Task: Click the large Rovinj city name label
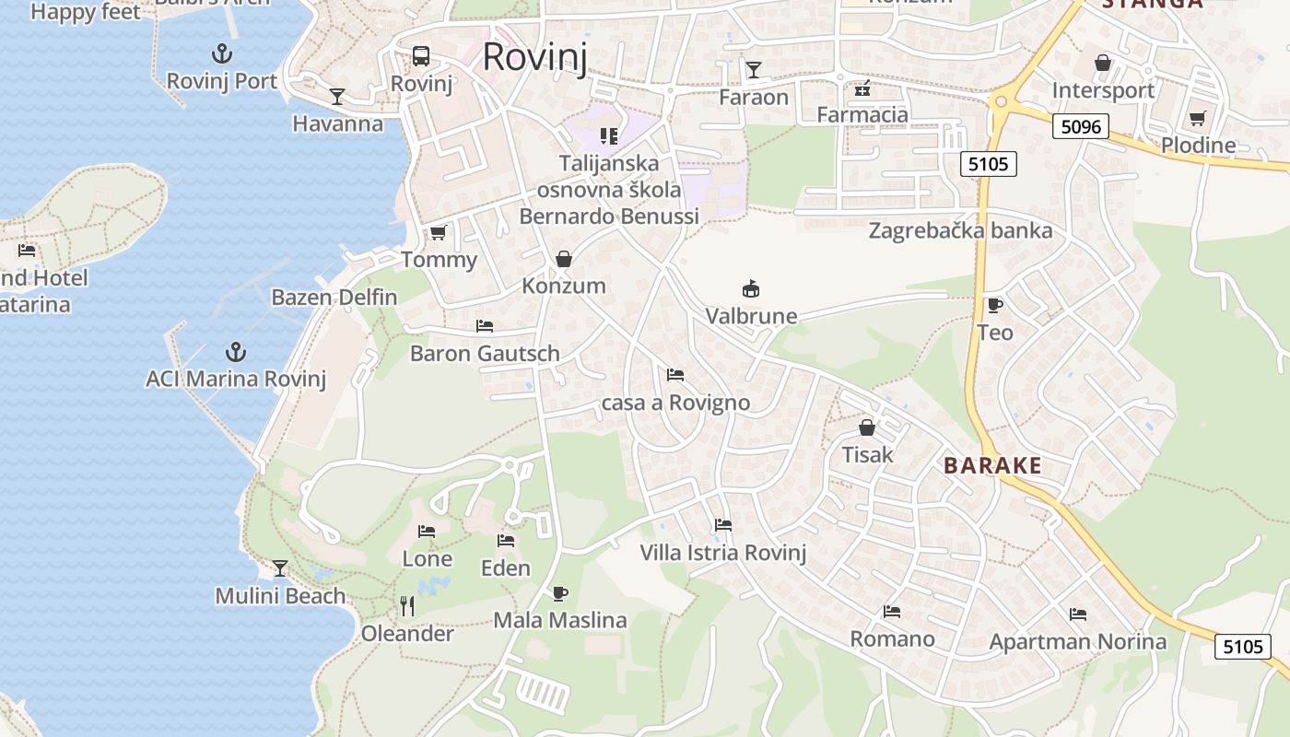534,57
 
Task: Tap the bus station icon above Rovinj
421,55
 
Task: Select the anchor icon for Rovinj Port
221,53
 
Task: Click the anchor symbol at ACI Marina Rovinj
236,351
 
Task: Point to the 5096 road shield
1080,126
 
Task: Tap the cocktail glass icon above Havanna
337,96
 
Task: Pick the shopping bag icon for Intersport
1102,63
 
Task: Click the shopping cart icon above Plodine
1197,118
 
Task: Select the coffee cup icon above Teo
994,305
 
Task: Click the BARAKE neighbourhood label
992,466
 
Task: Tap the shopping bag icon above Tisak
866,427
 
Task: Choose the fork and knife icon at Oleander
407,605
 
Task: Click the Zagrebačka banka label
960,230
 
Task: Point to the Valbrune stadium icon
751,288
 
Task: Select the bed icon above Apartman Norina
1077,614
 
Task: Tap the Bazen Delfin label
334,297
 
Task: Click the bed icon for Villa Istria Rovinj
723,525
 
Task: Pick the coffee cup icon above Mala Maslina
559,593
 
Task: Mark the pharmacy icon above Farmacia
862,88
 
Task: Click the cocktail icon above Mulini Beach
280,567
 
